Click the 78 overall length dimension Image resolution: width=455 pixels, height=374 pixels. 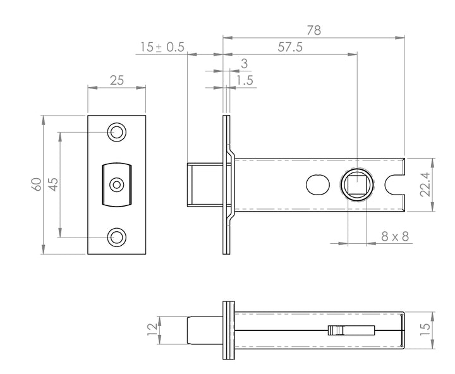pos(313,30)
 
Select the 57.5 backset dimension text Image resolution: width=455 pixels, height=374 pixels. pos(290,47)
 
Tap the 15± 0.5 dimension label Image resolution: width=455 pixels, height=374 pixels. pos(162,47)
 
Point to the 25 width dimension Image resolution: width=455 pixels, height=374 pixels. pos(117,80)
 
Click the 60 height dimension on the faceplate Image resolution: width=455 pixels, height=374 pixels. pos(37,184)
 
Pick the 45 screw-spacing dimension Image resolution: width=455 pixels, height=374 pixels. pos(53,184)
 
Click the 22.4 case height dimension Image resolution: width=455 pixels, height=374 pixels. pos(425,184)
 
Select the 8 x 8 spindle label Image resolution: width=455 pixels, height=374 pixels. pos(395,236)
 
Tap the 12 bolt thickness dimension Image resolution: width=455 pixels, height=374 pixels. pos(152,330)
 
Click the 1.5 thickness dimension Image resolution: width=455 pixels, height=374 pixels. pos(245,80)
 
